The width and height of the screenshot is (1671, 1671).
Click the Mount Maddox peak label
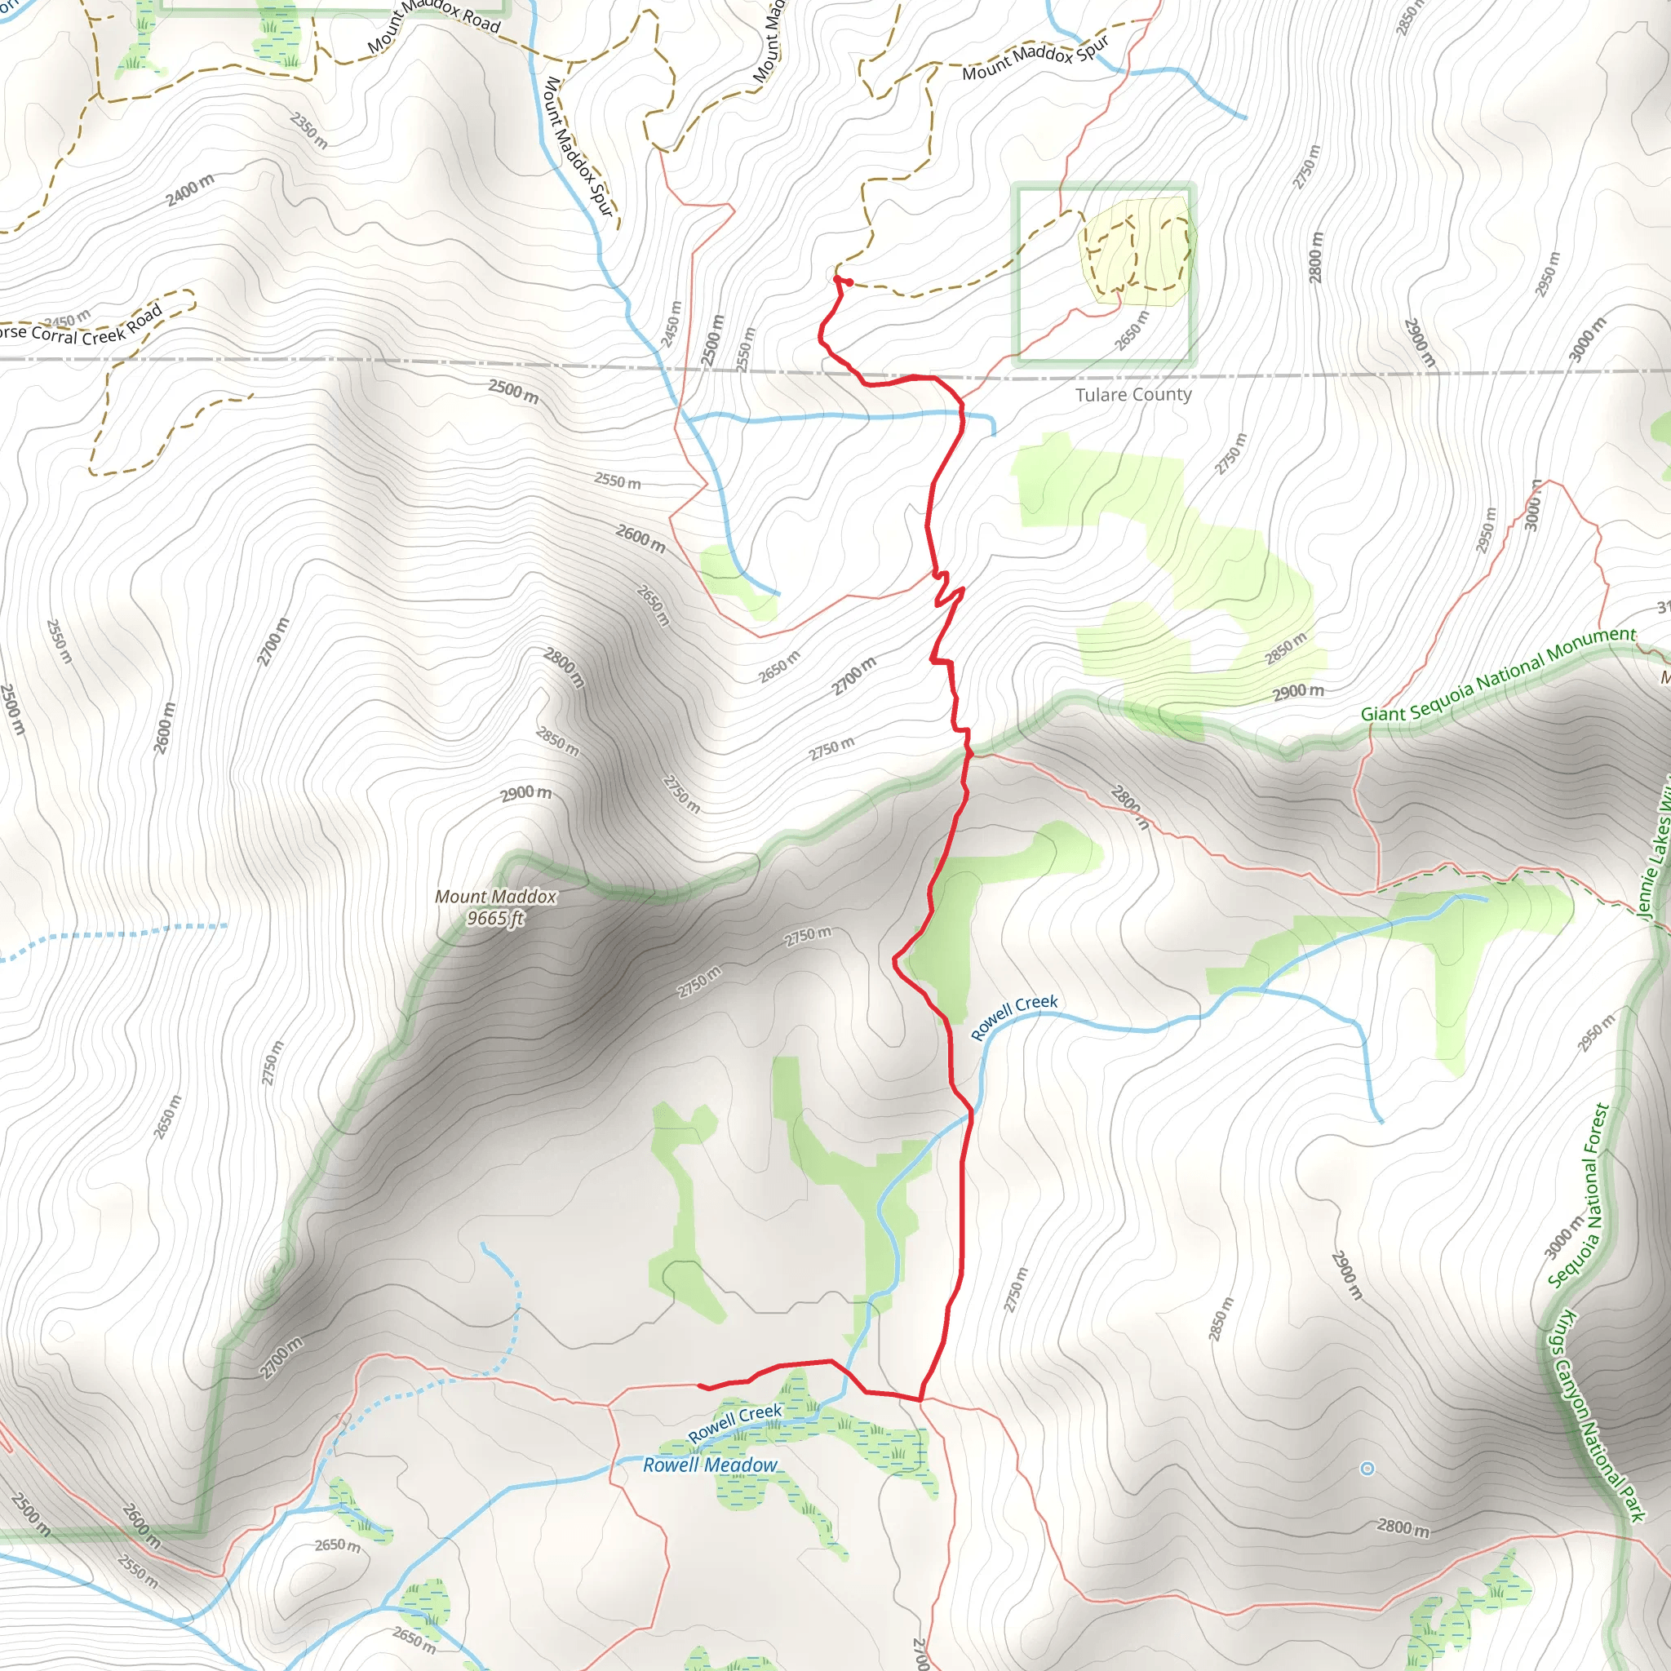(x=495, y=897)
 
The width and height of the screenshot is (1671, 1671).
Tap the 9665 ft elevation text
(x=495, y=919)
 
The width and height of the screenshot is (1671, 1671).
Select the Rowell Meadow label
(x=710, y=1465)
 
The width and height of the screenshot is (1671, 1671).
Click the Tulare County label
(x=1133, y=395)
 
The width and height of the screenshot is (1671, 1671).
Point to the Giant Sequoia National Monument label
(x=1498, y=675)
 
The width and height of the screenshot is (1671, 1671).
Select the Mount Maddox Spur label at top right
(x=1035, y=59)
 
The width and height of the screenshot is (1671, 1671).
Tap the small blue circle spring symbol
(x=1367, y=1469)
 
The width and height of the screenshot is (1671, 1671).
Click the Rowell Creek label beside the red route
(x=1013, y=1017)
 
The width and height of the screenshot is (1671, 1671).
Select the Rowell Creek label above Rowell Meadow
(x=734, y=1423)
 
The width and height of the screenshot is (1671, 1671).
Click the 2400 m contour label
(x=190, y=190)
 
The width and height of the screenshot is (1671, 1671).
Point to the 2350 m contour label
(x=308, y=131)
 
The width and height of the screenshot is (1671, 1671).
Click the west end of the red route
(x=700, y=1385)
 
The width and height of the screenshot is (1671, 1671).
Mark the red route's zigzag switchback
(x=948, y=592)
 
